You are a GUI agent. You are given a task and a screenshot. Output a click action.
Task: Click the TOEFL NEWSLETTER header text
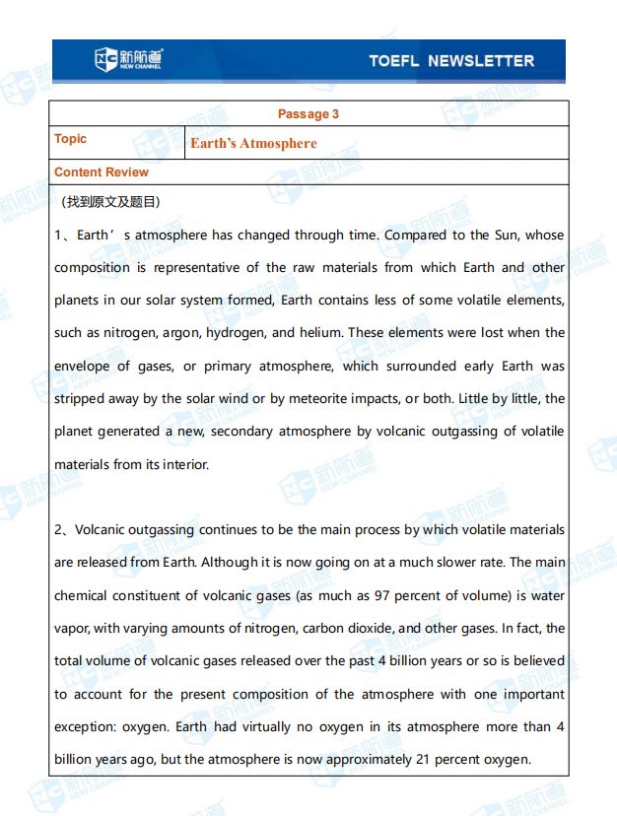pyautogui.click(x=450, y=61)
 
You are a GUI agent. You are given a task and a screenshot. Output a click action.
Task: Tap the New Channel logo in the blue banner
pyautogui.click(x=129, y=60)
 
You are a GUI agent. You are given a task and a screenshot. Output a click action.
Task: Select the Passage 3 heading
pyautogui.click(x=308, y=114)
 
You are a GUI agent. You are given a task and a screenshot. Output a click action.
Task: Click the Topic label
pyautogui.click(x=71, y=139)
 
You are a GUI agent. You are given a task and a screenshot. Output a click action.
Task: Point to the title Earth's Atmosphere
pyautogui.click(x=253, y=144)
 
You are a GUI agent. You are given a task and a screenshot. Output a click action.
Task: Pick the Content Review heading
pyautogui.click(x=102, y=172)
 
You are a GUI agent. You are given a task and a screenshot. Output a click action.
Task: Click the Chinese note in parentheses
pyautogui.click(x=109, y=202)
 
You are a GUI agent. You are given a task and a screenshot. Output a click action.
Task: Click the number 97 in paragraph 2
pyautogui.click(x=381, y=595)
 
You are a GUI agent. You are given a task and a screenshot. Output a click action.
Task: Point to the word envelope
pyautogui.click(x=83, y=367)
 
